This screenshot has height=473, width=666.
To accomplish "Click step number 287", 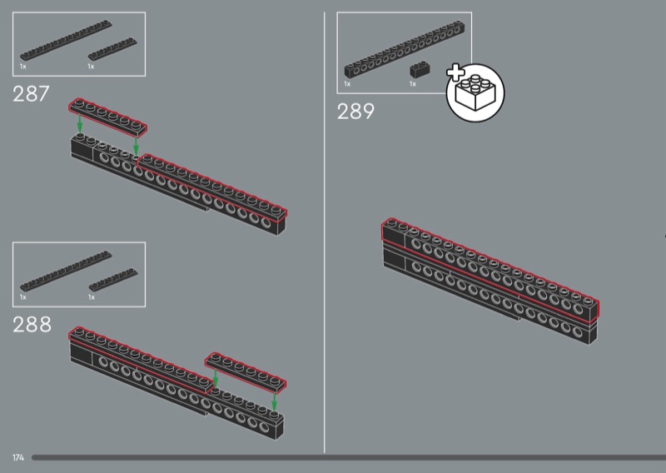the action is (31, 94).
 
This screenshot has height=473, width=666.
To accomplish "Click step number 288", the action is (32, 325).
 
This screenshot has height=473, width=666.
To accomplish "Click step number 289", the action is (356, 112).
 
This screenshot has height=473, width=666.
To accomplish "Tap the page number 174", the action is (18, 457).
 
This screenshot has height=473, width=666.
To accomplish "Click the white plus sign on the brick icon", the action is (455, 72).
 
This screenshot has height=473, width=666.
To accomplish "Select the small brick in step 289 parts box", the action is (420, 69).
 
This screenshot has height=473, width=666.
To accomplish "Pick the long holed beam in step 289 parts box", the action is (405, 50).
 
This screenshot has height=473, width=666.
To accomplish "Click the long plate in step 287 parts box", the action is (66, 41).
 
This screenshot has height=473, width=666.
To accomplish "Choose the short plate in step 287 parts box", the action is (112, 49).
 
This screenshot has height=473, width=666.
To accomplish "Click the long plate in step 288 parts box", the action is (66, 271).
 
